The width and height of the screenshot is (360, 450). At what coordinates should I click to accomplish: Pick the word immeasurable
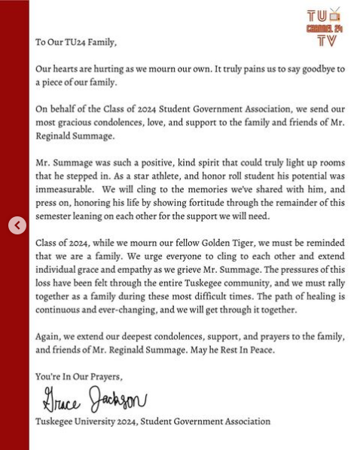[x=67, y=188]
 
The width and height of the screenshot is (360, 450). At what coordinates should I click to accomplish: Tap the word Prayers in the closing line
[x=100, y=375]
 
